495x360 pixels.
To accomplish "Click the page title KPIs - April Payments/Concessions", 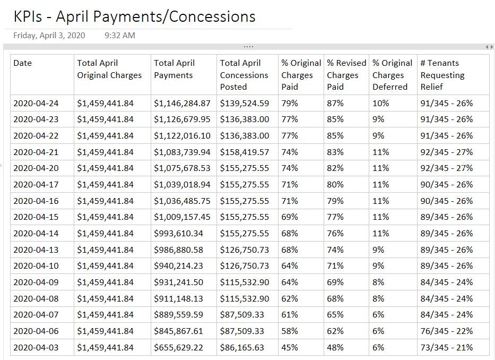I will pos(134,16).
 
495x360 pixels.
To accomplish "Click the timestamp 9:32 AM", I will pos(120,36).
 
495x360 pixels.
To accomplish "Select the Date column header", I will pos(23,63).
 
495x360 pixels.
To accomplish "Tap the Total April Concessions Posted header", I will pos(244,75).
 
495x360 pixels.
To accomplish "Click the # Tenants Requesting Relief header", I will pos(442,75).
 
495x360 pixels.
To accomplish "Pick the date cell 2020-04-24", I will pos(37,103).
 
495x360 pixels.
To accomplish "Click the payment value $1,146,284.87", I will pos(182,103).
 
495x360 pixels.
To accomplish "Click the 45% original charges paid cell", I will pos(290,348).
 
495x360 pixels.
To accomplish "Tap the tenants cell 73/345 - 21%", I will pos(446,348).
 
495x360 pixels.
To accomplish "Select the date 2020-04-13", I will pos(37,250).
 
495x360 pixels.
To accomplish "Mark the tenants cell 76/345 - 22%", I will pos(446,331).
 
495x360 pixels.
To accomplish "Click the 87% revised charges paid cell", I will pos(335,103).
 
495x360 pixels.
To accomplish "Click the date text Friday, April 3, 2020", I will pos(49,36).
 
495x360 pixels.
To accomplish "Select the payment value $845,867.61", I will pos(180,331).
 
